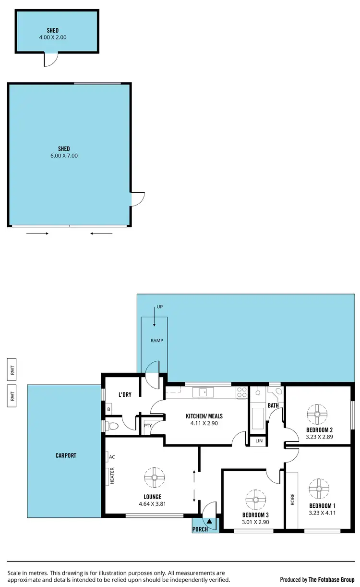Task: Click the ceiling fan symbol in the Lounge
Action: click(155, 477)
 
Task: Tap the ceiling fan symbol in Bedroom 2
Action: click(317, 413)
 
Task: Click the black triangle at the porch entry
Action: click(209, 521)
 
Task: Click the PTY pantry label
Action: click(147, 426)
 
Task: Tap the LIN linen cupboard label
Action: click(259, 440)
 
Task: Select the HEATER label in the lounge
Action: click(112, 477)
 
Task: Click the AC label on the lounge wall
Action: click(112, 457)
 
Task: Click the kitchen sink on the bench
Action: click(203, 392)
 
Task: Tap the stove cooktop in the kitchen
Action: click(241, 392)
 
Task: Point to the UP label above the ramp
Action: click(160, 306)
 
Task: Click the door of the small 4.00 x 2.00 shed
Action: click(51, 60)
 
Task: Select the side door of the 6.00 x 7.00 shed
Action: click(137, 199)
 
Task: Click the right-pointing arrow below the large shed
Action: click(37, 234)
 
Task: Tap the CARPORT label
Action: click(66, 455)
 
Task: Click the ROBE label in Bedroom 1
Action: click(292, 500)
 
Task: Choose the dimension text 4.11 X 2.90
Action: click(204, 424)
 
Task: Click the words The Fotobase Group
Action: click(331, 580)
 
